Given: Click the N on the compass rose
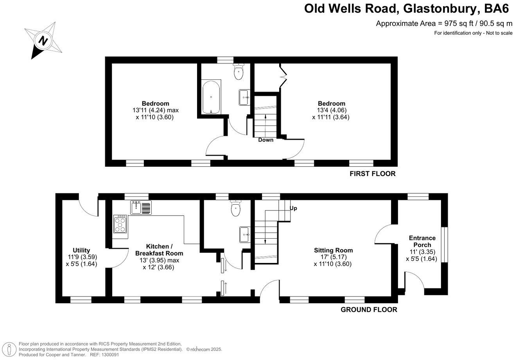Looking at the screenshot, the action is click(43, 41).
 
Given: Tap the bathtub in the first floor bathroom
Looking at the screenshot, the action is click(211, 97).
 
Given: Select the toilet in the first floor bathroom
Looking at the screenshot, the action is click(239, 71).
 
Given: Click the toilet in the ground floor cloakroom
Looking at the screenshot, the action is click(236, 208).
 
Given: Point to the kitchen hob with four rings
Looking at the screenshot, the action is click(120, 224).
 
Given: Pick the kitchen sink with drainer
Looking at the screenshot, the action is click(141, 207).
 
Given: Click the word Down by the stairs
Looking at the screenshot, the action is click(265, 140).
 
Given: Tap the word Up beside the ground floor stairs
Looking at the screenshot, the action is click(293, 208).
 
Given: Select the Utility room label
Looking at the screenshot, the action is click(81, 250).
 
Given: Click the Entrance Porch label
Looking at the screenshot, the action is click(422, 241).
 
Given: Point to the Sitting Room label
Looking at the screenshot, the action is click(333, 250).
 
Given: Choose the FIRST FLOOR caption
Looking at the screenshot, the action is click(373, 174).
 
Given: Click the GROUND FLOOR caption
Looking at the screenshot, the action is click(369, 310).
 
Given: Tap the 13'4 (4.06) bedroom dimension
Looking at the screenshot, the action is click(332, 110).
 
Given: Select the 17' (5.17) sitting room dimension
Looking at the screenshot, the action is click(334, 257).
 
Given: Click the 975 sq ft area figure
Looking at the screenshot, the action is click(458, 23).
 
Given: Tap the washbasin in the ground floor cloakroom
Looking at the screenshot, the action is click(245, 234).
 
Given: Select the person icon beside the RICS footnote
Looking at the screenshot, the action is click(9, 350).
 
